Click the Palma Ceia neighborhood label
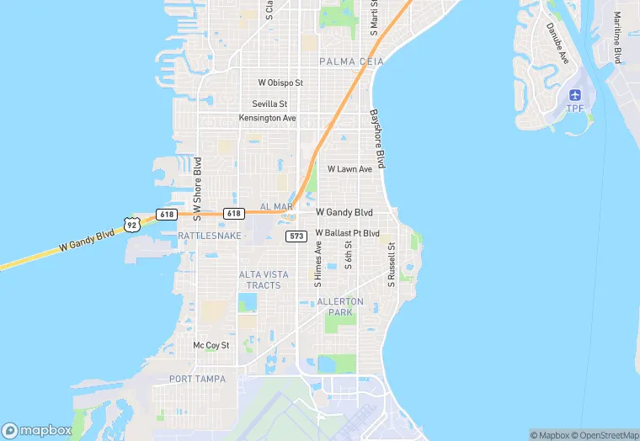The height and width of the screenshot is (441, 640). [351, 61]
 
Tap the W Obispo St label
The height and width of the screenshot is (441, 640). [280, 82]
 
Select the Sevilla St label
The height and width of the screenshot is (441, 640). [269, 104]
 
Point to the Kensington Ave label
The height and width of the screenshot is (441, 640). [268, 118]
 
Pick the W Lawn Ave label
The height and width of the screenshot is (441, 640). [349, 169]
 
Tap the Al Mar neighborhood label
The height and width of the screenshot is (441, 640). [276, 206]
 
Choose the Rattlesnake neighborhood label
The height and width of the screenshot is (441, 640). [210, 236]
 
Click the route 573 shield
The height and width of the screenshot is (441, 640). [296, 236]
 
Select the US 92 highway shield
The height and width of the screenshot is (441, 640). [131, 223]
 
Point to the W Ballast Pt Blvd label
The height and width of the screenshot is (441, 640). [348, 232]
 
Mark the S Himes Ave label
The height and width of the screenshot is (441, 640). [318, 265]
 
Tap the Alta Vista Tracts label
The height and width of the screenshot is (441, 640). [264, 279]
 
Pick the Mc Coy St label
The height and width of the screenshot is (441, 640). [211, 345]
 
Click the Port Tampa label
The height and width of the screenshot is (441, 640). [197, 379]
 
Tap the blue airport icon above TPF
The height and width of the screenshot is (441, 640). [576, 95]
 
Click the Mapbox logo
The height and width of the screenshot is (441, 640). [37, 429]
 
